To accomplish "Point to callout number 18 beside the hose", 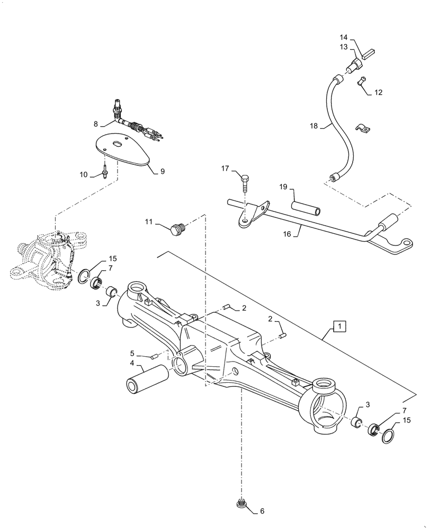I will point(313,126).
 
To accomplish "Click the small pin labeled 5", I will point(156,356).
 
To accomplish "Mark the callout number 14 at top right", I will point(343,38).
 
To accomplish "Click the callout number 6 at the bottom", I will point(261,511).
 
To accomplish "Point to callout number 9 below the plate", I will point(163,171).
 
